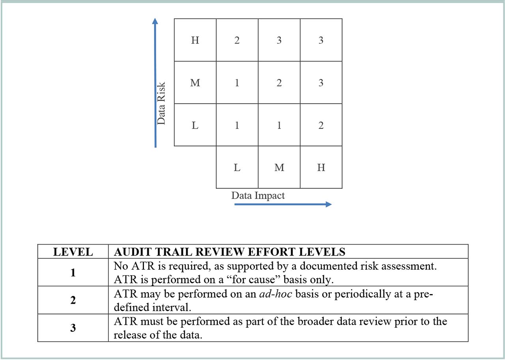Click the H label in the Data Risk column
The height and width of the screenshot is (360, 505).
point(195,40)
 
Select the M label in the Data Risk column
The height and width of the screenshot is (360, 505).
point(195,83)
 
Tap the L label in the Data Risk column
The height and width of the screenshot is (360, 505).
point(195,125)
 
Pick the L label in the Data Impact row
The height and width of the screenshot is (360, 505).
point(237,168)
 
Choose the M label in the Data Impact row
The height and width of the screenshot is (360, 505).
point(279,168)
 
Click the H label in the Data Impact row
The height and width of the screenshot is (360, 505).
point(321,168)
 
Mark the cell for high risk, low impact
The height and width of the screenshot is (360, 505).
point(237,40)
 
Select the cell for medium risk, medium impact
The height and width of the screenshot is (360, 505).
point(279,83)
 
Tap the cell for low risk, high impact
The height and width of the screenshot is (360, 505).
point(321,125)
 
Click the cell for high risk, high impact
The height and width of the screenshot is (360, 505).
point(321,40)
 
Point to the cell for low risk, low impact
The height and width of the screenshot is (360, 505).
point(237,125)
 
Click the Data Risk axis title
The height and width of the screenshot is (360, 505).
point(161,103)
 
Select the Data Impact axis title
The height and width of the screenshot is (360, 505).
point(258,196)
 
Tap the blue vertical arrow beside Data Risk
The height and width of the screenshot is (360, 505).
point(155,83)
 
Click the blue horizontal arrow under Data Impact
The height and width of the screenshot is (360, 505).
point(282,204)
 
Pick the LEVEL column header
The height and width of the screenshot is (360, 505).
point(73,252)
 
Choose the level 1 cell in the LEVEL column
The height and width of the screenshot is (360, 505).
point(73,272)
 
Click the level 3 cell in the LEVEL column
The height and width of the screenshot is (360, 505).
point(73,328)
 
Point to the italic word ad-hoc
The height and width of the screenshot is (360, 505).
point(272,294)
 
